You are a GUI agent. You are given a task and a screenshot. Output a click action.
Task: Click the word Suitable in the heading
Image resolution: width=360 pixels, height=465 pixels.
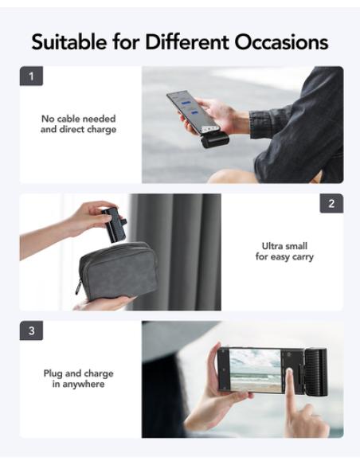pos(68,41)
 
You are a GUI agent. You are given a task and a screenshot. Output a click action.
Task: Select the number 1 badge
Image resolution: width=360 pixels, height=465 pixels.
pos(31,77)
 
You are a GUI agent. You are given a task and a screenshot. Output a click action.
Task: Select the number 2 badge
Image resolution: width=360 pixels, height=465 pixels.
pos(331,203)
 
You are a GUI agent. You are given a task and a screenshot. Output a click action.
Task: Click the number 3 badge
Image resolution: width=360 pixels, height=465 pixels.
pos(31,330)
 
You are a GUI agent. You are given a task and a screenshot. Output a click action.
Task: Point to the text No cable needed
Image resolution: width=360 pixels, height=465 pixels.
pos(78,119)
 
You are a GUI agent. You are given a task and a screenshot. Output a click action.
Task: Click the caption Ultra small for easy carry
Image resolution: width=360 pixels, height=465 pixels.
pos(284,252)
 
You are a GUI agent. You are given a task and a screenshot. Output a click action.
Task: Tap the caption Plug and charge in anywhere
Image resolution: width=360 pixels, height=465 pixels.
pos(78,378)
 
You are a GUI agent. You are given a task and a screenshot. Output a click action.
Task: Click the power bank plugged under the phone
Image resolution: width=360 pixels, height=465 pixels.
pos(216,140)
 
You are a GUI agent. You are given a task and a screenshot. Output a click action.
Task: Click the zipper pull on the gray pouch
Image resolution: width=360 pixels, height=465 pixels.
pos(79,287)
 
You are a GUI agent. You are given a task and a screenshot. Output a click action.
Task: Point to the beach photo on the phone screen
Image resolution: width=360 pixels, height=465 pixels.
pos(255,369)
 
